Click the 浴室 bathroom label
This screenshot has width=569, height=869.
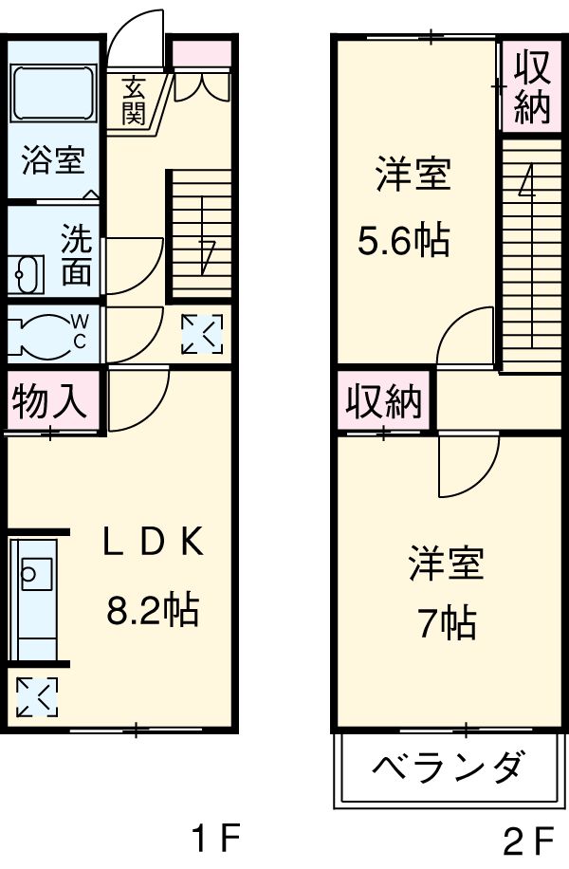tap(53, 159)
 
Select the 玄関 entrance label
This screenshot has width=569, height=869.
tap(134, 101)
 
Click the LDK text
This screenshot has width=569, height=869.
tap(152, 543)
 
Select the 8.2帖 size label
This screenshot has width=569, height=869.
tap(152, 608)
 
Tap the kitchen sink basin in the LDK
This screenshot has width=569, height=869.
tap(35, 573)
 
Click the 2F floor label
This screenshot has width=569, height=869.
tap(528, 841)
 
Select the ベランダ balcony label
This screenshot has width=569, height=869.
tap(447, 767)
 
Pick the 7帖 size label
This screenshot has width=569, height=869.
tap(447, 623)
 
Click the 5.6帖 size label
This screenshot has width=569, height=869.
tap(403, 243)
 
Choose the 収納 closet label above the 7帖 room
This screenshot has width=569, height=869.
tap(383, 403)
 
